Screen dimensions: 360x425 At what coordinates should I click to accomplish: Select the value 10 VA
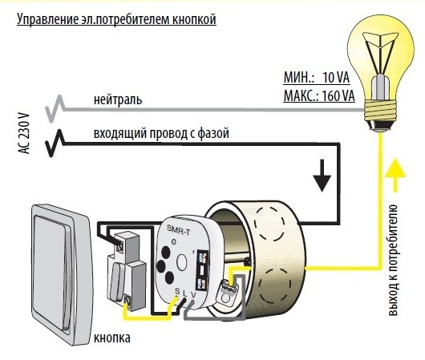[337, 79]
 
